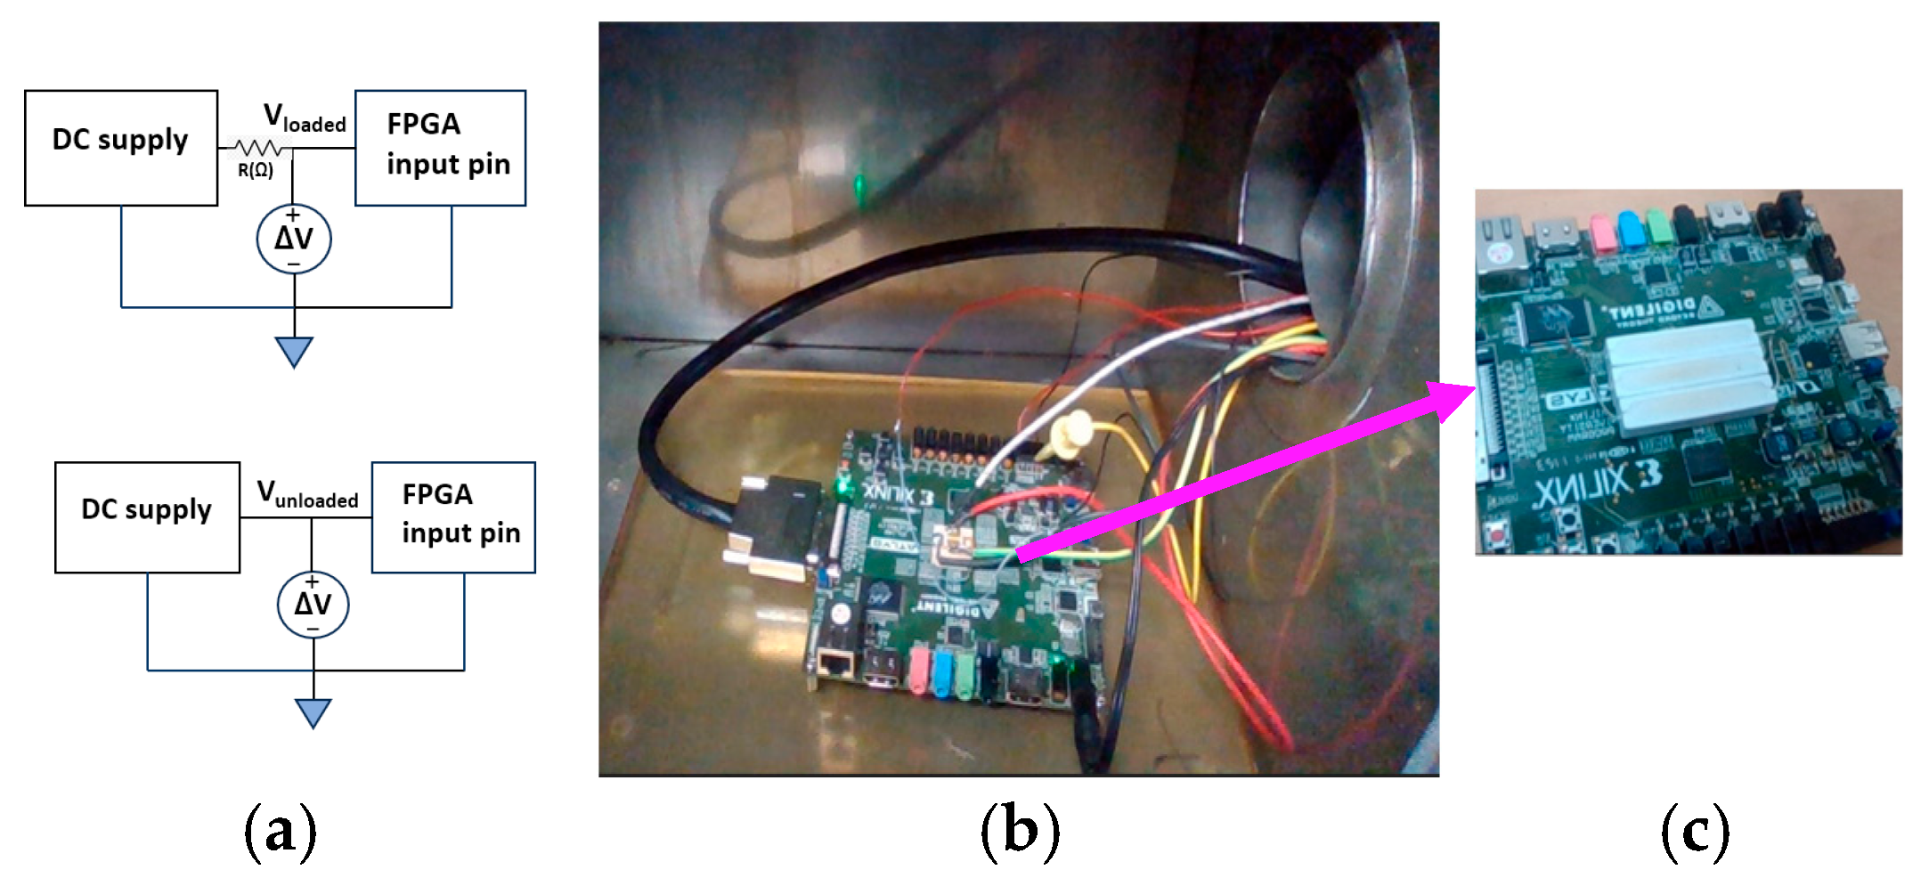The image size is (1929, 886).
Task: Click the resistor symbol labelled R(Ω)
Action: click(x=258, y=148)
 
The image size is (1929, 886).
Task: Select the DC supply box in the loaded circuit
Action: click(x=121, y=148)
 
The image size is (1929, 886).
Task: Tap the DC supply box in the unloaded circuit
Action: click(x=147, y=516)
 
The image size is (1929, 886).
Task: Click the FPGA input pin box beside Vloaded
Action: click(x=440, y=148)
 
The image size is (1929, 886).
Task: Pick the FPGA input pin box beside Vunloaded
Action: click(x=453, y=516)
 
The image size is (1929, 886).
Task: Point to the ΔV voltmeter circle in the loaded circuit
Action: click(x=294, y=239)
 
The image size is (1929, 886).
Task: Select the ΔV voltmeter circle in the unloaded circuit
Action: click(x=313, y=605)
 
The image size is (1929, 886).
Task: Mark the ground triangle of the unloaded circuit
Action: click(x=313, y=712)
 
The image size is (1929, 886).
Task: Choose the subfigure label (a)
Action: click(x=280, y=830)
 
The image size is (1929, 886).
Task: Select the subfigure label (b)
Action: click(x=1020, y=830)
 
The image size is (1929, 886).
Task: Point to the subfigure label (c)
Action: click(x=1695, y=830)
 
